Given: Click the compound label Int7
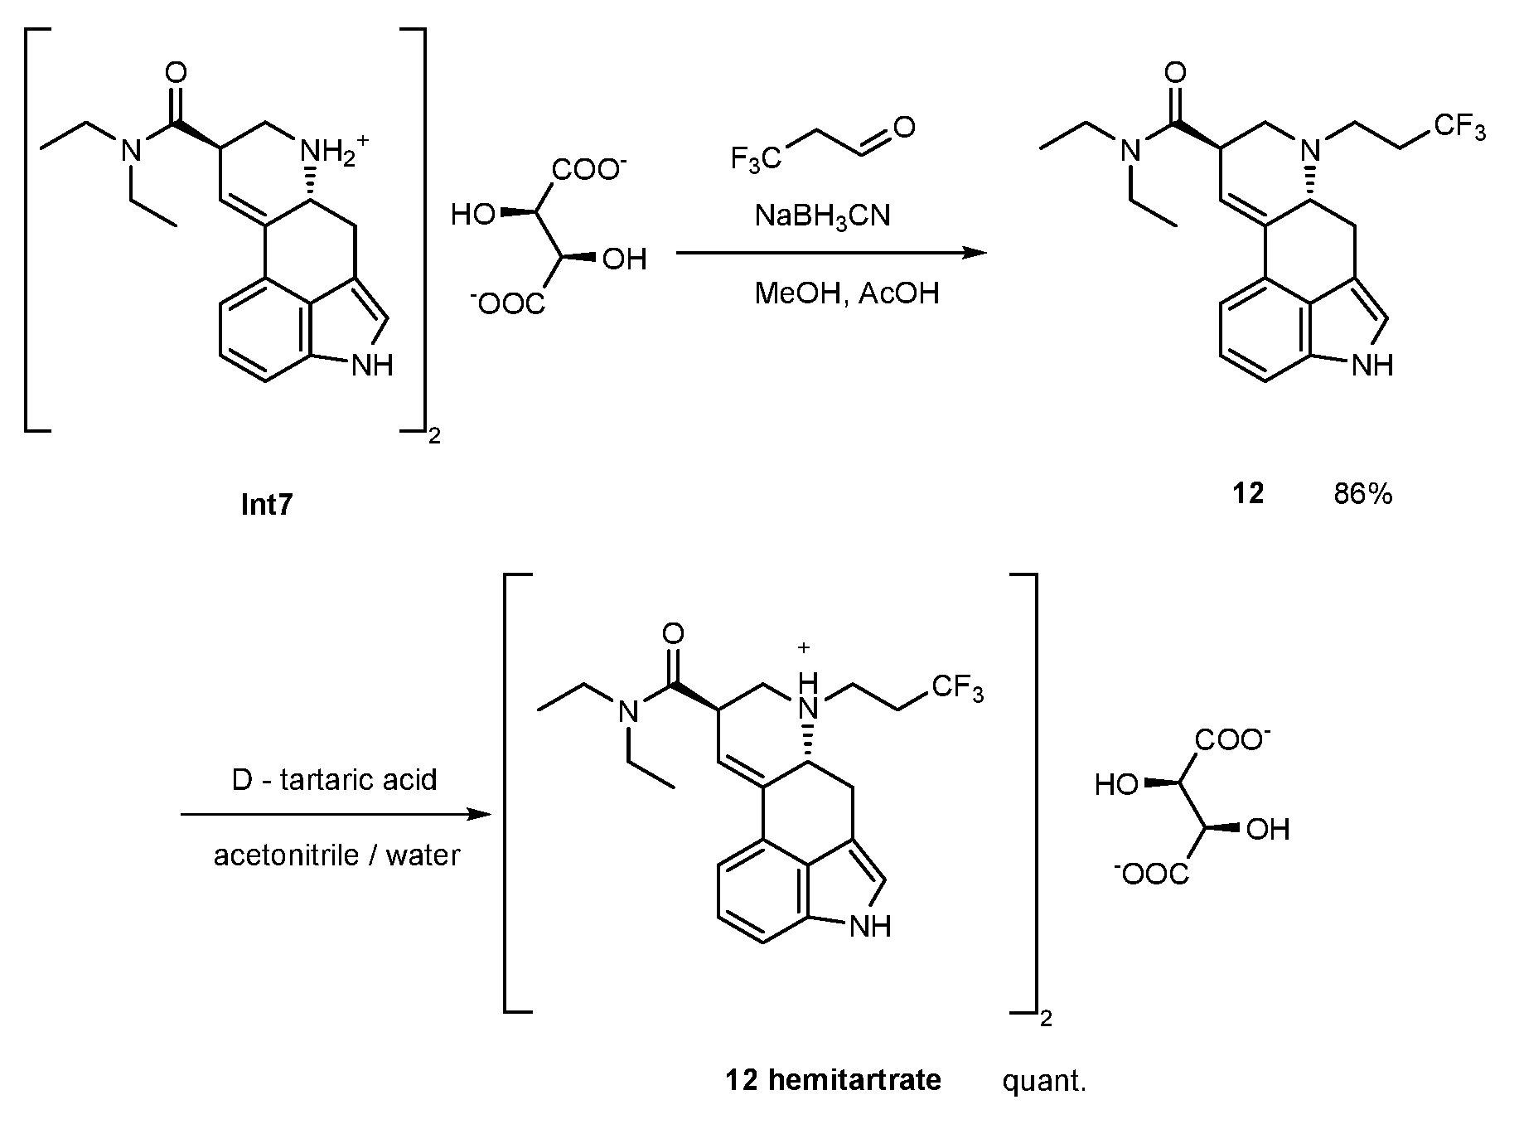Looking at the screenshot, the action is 267,505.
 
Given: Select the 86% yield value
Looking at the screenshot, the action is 1362,495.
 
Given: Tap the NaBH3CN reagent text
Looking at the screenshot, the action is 822,216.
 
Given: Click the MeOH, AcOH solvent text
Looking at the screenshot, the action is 846,293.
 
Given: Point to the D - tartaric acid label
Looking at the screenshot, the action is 334,780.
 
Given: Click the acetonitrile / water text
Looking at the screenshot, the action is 336,855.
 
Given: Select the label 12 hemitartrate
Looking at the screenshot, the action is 833,1080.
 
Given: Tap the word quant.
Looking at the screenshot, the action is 1043,1081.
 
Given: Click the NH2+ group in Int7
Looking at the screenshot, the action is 328,153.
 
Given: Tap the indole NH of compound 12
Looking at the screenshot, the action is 1371,365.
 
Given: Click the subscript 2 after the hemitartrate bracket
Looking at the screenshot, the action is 1046,1018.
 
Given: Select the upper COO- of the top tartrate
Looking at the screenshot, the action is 588,171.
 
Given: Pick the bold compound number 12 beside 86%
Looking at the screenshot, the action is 1247,495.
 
